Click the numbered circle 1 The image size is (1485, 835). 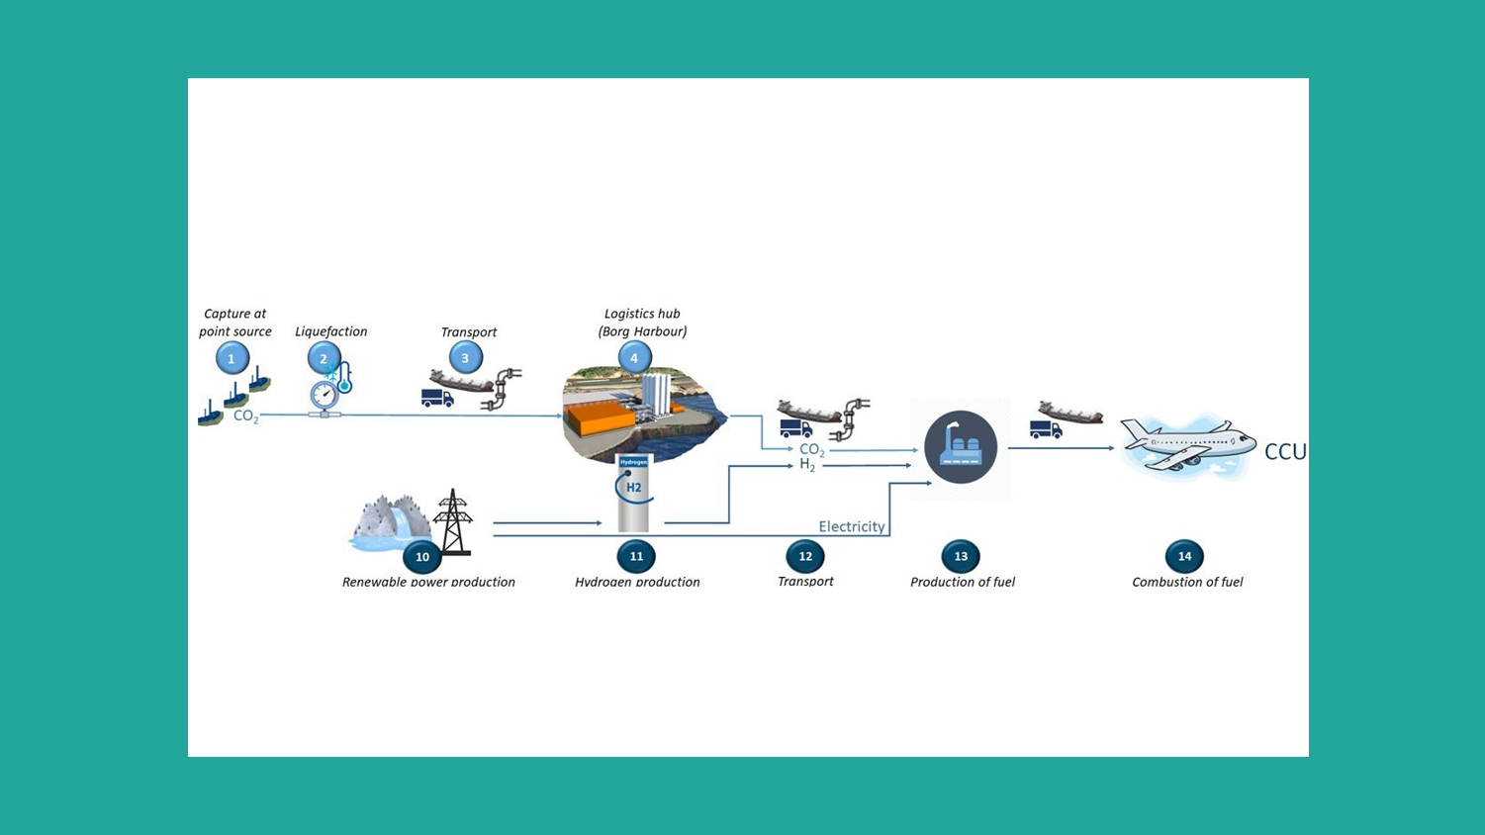[232, 358]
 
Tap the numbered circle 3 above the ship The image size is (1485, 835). [465, 358]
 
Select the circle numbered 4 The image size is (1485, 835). [634, 358]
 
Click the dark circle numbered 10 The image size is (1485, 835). [422, 557]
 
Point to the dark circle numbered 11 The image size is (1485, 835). [636, 557]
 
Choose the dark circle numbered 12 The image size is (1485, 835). [805, 557]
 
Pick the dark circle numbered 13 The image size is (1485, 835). [961, 557]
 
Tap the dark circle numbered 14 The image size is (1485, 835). [1184, 557]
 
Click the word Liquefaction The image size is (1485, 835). [330, 331]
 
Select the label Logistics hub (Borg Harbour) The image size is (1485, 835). [642, 323]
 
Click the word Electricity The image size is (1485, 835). [852, 526]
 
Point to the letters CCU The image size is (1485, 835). [1285, 452]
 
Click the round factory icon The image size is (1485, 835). [961, 447]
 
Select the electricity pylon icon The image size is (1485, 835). [452, 520]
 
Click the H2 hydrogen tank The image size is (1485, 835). [633, 492]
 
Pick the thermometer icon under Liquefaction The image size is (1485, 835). [343, 378]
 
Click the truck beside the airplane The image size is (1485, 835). [1045, 430]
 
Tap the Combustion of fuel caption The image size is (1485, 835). [1187, 582]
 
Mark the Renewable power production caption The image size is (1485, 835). [428, 582]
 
